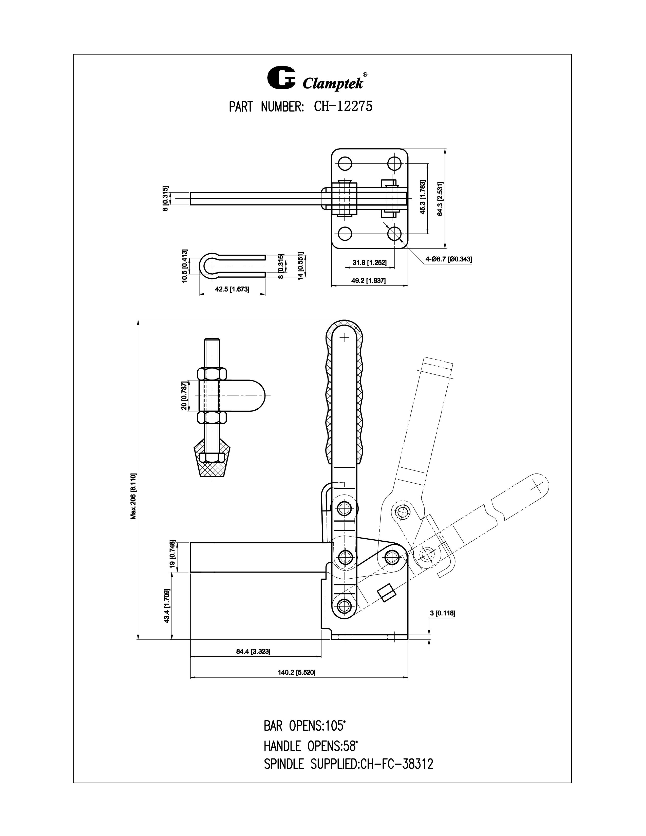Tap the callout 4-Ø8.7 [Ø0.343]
click(448, 259)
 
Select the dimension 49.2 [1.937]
click(369, 281)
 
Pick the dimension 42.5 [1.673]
click(232, 289)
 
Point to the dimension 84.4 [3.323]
click(255, 652)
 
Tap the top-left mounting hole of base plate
click(345, 164)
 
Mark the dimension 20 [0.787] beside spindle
click(184, 395)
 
